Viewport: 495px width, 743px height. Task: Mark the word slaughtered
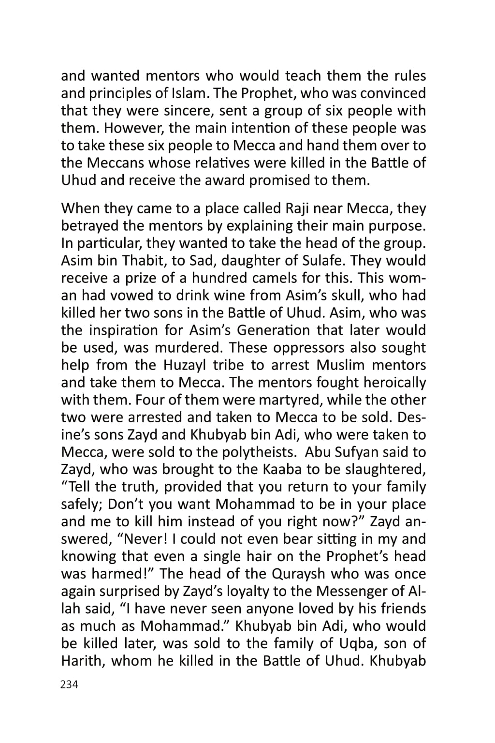point(381,470)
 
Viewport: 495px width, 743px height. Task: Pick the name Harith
point(83,661)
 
